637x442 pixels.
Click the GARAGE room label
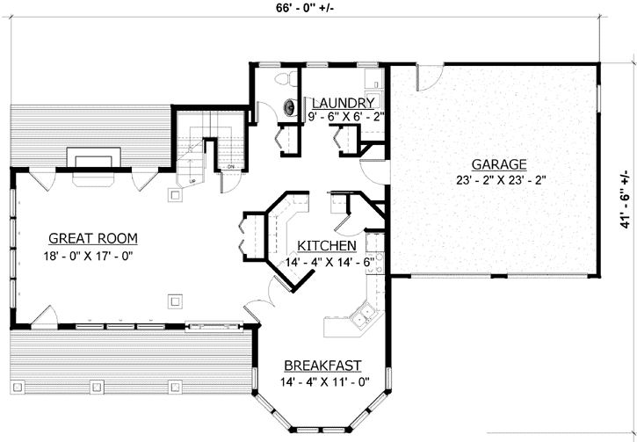pyautogui.click(x=498, y=164)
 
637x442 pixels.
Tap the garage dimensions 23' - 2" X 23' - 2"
pyautogui.click(x=498, y=182)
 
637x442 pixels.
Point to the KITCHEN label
pyautogui.click(x=326, y=245)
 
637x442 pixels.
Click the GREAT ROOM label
pyautogui.click(x=92, y=238)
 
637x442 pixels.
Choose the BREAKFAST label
pyautogui.click(x=322, y=366)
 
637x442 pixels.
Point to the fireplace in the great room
pyautogui.click(x=92, y=163)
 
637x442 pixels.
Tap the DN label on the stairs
pyautogui.click(x=230, y=166)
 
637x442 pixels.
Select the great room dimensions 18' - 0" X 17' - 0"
pyautogui.click(x=92, y=257)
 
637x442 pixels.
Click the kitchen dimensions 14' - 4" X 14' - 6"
pyautogui.click(x=329, y=262)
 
